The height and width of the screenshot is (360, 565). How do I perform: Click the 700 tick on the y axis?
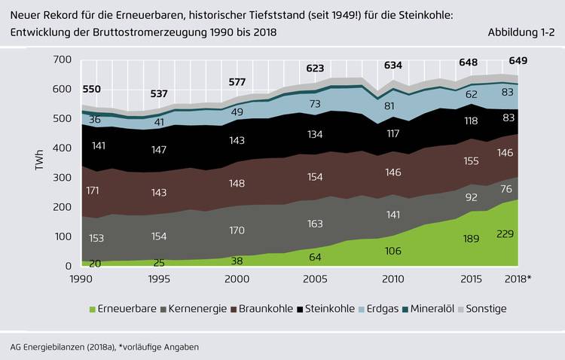(x=63, y=59)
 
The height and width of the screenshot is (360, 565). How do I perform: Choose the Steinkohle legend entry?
(x=326, y=309)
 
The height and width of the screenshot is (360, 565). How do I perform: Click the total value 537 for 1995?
(x=159, y=94)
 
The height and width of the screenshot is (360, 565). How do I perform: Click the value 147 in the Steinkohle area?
(x=159, y=150)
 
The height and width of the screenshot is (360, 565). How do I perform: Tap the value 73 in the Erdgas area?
(x=315, y=103)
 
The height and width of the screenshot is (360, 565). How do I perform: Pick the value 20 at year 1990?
(x=96, y=263)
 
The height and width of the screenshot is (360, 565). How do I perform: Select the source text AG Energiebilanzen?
(x=54, y=346)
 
